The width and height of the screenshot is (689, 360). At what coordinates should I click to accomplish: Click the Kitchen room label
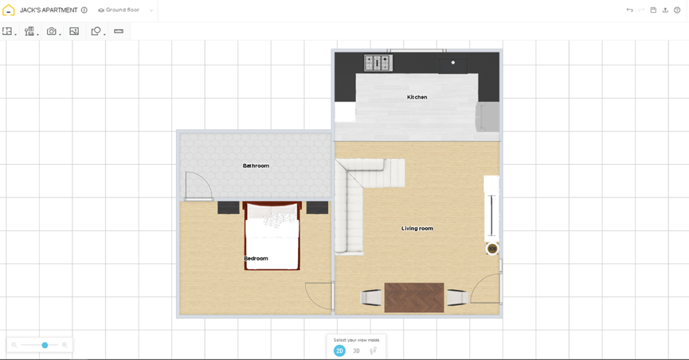pyautogui.click(x=416, y=98)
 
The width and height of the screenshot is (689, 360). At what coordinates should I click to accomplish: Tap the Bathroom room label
pyautogui.click(x=256, y=166)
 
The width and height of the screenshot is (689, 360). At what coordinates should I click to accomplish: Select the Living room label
pyautogui.click(x=417, y=229)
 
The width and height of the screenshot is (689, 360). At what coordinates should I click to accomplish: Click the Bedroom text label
pyautogui.click(x=256, y=258)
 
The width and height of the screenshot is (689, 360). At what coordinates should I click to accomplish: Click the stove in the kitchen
pyautogui.click(x=377, y=63)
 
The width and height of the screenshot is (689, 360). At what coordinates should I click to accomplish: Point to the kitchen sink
pyautogui.click(x=453, y=65)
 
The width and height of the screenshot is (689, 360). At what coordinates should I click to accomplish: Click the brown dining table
pyautogui.click(x=414, y=297)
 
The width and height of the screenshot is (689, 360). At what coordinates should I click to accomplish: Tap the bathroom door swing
pyautogui.click(x=198, y=187)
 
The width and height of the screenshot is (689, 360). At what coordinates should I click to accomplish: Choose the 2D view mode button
pyautogui.click(x=340, y=351)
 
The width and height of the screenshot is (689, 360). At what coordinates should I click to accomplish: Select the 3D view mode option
pyautogui.click(x=357, y=351)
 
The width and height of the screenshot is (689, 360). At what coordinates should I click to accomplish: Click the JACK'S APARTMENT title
pyautogui.click(x=48, y=10)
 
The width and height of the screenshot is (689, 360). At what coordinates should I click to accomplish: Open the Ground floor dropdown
pyautogui.click(x=125, y=10)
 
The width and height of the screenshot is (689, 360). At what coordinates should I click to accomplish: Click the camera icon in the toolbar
pyautogui.click(x=51, y=31)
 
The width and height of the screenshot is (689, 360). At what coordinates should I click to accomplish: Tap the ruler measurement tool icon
pyautogui.click(x=119, y=31)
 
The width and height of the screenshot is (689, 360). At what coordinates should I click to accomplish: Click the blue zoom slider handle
pyautogui.click(x=45, y=345)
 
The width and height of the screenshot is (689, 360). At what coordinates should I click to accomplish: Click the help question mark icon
pyautogui.click(x=677, y=10)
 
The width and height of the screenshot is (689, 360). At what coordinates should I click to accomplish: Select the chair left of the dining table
pyautogui.click(x=371, y=297)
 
